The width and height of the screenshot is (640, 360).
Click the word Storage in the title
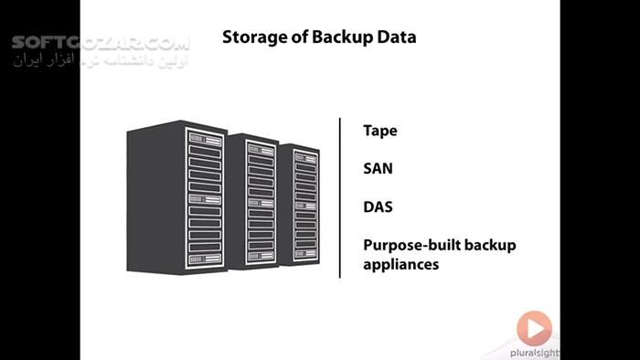click(x=251, y=38)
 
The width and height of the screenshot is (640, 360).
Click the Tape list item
click(x=380, y=131)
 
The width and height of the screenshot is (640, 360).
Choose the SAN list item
click(x=379, y=169)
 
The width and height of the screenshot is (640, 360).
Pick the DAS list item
click(x=379, y=206)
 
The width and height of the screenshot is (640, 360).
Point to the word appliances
click(x=401, y=264)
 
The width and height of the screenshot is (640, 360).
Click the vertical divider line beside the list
click(x=340, y=196)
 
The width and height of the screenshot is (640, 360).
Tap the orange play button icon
click(x=534, y=328)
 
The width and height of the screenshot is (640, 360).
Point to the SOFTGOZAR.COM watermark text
click(x=101, y=44)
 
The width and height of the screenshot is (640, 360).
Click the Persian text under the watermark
click(x=101, y=61)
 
